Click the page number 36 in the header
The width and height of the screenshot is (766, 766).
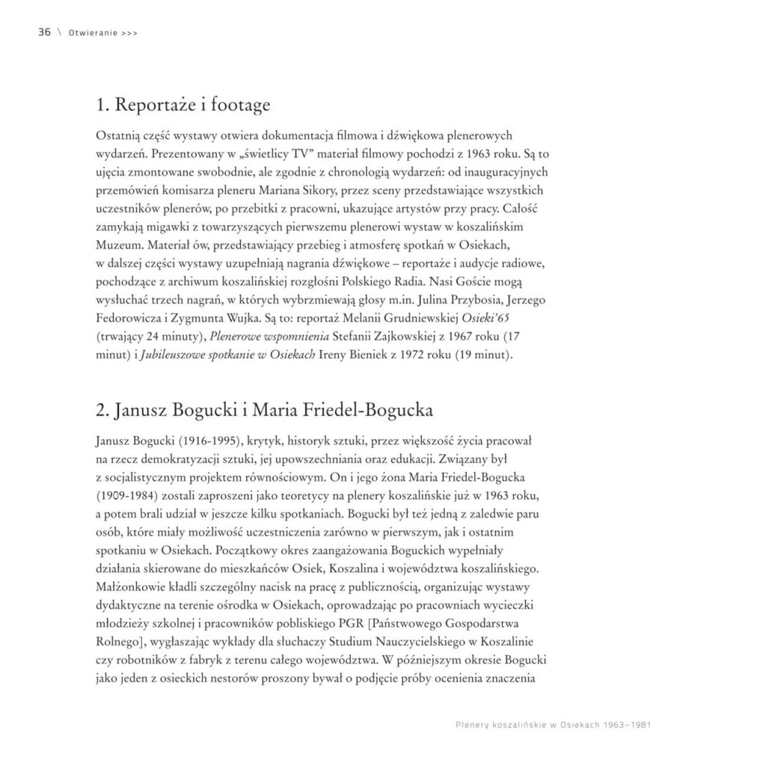point(44,32)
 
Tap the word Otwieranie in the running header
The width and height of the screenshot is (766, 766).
point(91,33)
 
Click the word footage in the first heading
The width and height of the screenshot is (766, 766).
point(236,105)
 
